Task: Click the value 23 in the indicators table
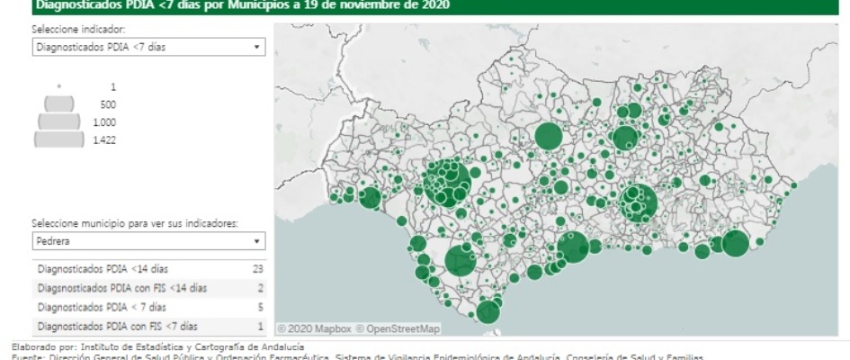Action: [x=258, y=268]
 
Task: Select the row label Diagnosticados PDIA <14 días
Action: [x=103, y=268]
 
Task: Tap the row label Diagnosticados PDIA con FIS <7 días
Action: [x=117, y=326]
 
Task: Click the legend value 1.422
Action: [x=104, y=139]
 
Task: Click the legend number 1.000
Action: [x=104, y=122]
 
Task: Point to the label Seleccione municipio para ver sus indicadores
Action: [x=135, y=223]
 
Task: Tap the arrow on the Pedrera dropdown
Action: [x=257, y=241]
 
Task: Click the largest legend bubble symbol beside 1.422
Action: [x=58, y=139]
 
